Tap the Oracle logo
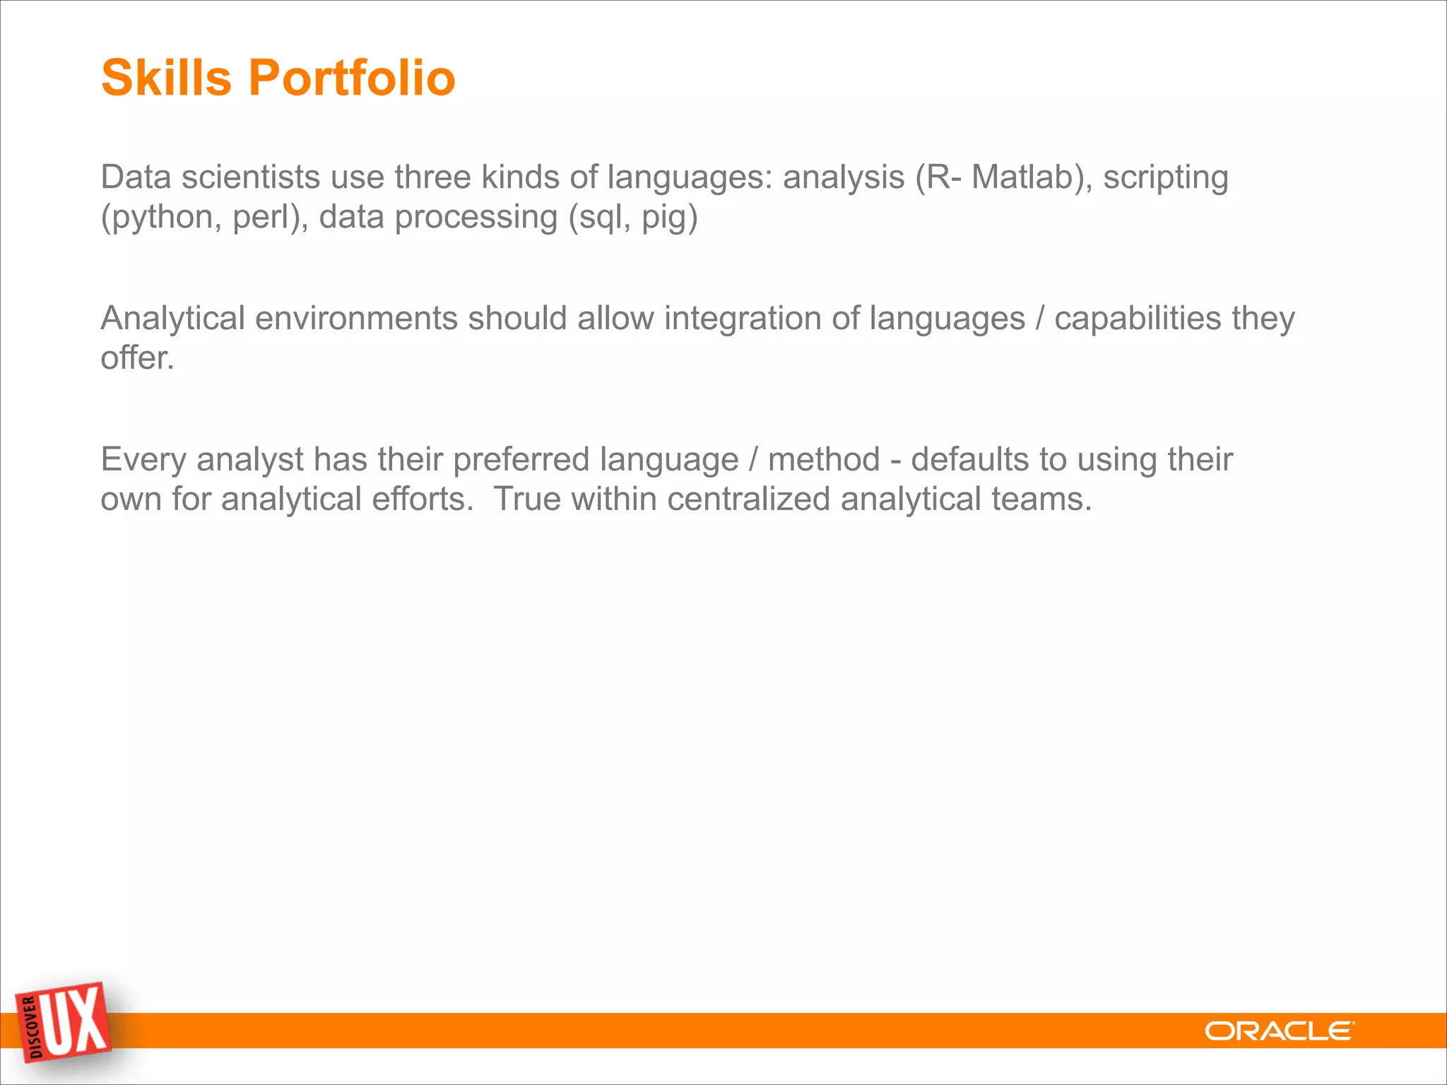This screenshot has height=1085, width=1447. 1279,1031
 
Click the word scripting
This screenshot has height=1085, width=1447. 1165,178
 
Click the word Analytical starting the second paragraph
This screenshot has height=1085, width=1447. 172,319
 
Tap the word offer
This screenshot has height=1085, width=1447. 136,357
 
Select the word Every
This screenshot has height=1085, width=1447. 143,461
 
